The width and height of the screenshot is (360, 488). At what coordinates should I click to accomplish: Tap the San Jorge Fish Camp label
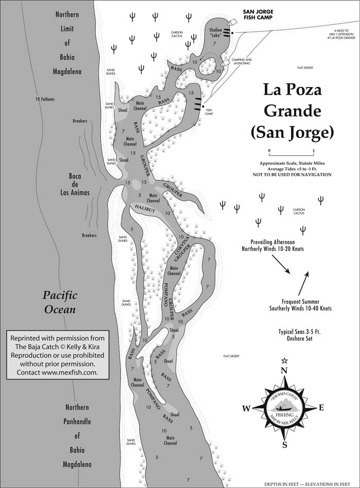259,14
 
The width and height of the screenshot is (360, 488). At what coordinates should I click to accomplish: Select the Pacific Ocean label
59,302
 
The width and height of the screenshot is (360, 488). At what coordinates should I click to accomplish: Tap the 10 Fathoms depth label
45,99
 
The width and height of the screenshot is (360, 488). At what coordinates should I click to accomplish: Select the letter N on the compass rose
283,371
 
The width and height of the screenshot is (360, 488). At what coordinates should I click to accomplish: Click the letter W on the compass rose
246,409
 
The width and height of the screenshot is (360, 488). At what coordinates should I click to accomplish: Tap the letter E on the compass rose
321,408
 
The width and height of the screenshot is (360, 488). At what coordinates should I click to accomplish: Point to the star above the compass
284,360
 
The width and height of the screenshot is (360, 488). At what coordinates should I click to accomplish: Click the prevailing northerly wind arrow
280,264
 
